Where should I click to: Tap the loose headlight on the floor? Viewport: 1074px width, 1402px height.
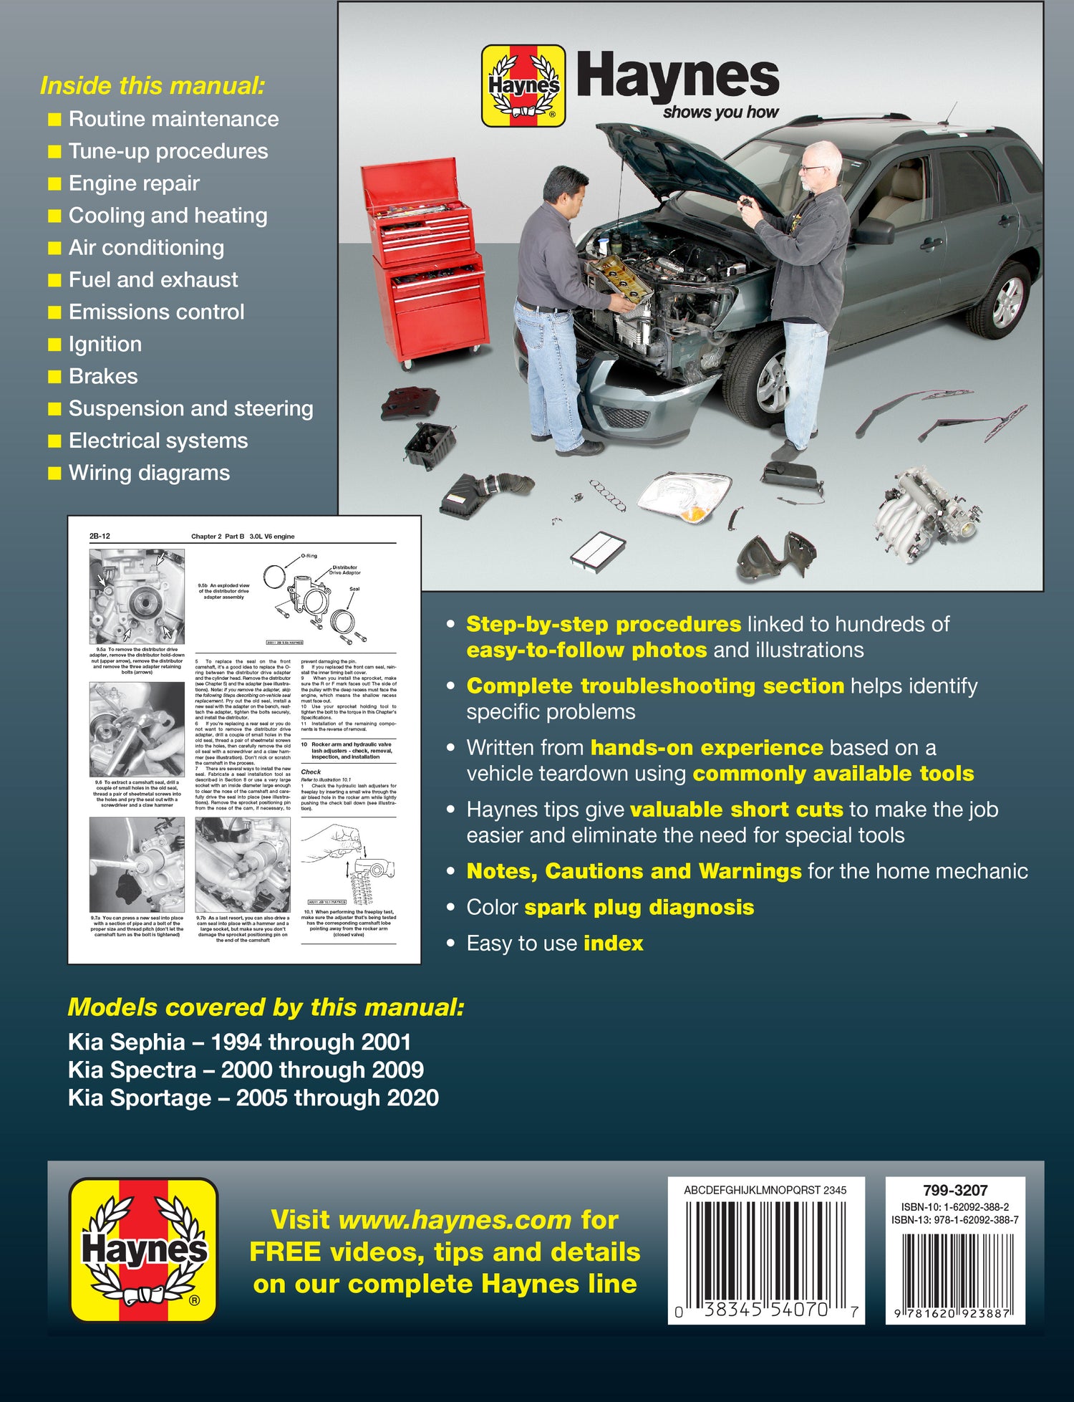click(x=684, y=496)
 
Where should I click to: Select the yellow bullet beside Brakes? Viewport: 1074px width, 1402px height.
click(x=54, y=377)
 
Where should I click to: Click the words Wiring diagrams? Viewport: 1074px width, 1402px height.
click(x=149, y=473)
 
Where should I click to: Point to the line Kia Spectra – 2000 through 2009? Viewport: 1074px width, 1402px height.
click(x=246, y=1070)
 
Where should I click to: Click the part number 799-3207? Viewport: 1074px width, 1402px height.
click(x=954, y=1190)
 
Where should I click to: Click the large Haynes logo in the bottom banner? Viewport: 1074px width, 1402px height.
click(x=144, y=1249)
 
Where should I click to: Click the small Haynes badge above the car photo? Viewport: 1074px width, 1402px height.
click(x=523, y=86)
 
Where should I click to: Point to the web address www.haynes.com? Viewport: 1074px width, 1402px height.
click(x=455, y=1219)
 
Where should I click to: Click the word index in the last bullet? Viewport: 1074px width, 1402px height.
click(x=613, y=943)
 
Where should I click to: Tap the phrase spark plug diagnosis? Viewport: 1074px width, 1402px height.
click(x=639, y=907)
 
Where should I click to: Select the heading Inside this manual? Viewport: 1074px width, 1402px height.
click(x=153, y=85)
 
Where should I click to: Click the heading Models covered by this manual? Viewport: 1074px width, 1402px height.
click(x=266, y=1007)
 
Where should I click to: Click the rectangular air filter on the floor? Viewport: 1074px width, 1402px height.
click(x=599, y=549)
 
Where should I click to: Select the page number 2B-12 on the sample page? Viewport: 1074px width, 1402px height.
click(x=100, y=536)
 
